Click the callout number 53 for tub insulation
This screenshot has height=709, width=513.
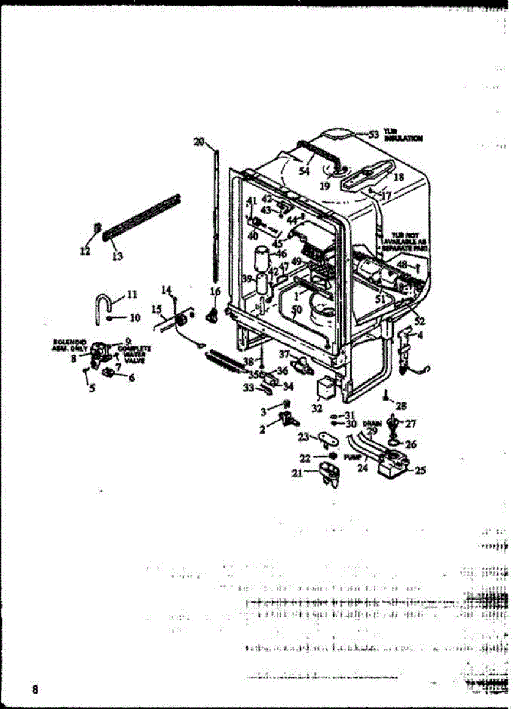(x=373, y=134)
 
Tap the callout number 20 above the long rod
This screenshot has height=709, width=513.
(x=199, y=141)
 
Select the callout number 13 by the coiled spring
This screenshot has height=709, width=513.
(x=117, y=255)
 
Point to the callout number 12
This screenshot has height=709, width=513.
(x=85, y=251)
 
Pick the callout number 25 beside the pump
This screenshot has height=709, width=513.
(x=420, y=471)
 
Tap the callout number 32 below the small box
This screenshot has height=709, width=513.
(x=317, y=407)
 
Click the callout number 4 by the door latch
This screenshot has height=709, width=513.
(x=420, y=335)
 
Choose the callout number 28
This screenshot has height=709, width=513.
(x=401, y=406)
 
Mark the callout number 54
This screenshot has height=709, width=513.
(x=304, y=171)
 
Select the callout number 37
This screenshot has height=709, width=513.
(x=284, y=354)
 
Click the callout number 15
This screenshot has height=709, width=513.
(x=157, y=309)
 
